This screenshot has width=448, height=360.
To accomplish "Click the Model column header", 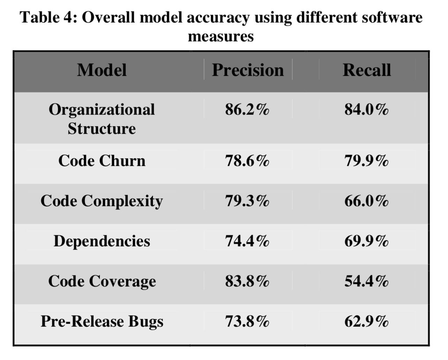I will [102, 70].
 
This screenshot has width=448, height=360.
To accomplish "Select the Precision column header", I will [248, 70].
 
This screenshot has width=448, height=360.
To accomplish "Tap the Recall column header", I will [367, 70].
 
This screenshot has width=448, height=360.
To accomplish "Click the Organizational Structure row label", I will [102, 119].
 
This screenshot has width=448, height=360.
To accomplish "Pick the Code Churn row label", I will [102, 161].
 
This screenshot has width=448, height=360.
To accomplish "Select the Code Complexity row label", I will [102, 201].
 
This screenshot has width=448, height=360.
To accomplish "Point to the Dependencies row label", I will [102, 241].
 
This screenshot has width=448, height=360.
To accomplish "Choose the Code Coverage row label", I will [102, 281].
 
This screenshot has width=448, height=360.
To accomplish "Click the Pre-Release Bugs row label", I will [102, 322].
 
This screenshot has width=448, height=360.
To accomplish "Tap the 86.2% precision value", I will [247, 110].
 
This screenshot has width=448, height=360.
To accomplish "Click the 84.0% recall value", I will [366, 110].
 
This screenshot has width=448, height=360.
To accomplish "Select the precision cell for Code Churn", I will [247, 161].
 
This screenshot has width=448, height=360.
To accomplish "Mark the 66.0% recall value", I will [366, 201].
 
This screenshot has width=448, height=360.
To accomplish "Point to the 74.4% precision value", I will [247, 241].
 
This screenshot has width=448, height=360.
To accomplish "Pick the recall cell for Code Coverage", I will [366, 281].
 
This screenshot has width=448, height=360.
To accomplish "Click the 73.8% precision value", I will [247, 322].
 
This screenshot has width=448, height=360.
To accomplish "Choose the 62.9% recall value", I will [366, 322].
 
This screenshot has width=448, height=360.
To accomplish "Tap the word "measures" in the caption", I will [221, 36].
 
